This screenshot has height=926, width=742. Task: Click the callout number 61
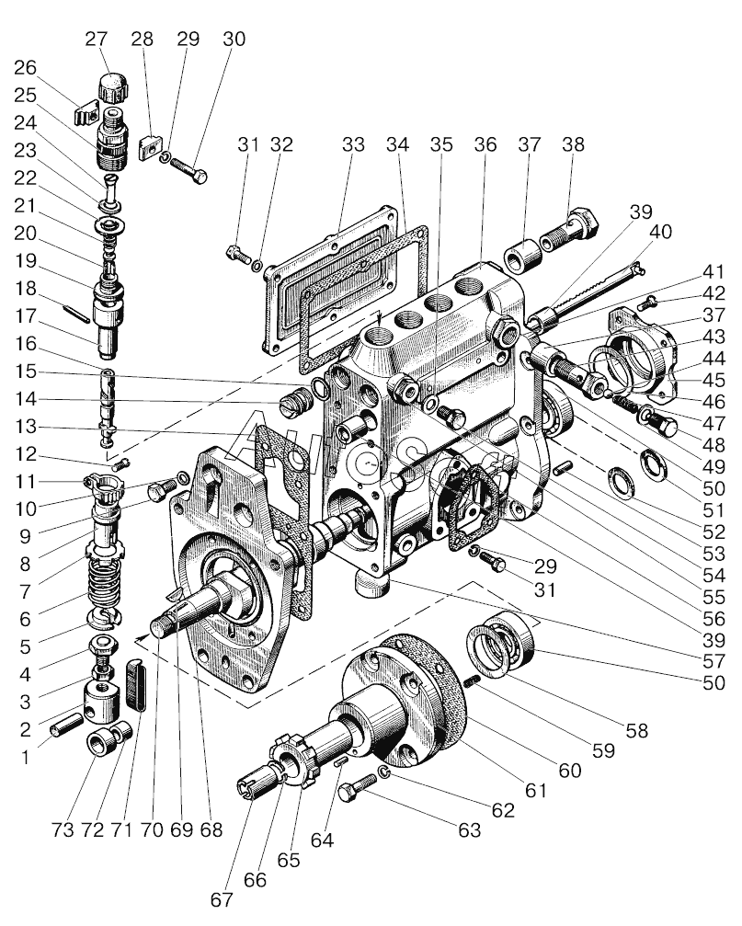[x=535, y=789]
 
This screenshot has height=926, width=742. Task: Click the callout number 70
[x=153, y=829]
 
